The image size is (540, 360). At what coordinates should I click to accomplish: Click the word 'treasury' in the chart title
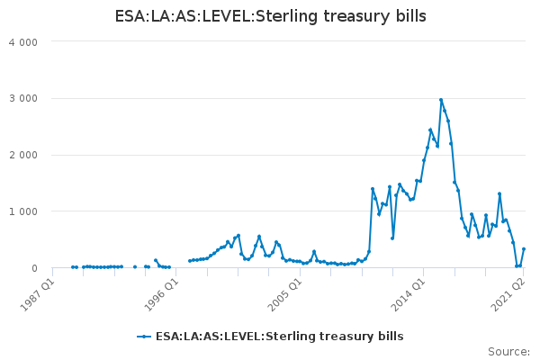point(357,16)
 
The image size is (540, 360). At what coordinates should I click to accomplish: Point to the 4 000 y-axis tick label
point(23,42)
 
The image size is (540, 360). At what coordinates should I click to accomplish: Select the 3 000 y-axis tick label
point(23,98)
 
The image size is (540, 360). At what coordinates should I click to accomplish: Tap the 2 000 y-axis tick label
point(23,155)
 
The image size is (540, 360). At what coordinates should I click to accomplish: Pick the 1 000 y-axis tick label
point(23,211)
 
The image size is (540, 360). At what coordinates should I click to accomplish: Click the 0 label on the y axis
point(34,268)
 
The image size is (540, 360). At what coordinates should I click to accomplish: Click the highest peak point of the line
point(441,100)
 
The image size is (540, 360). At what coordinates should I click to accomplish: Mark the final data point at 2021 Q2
point(524,248)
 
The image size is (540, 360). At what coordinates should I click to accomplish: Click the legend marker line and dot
point(144,337)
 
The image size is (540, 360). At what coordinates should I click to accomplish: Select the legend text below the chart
point(280,337)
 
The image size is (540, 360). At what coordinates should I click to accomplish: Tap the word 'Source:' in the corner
point(509,352)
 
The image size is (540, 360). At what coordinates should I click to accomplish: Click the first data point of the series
point(72,267)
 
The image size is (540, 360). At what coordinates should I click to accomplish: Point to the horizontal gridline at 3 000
point(289,98)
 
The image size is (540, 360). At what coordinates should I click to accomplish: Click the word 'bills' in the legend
point(391,336)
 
